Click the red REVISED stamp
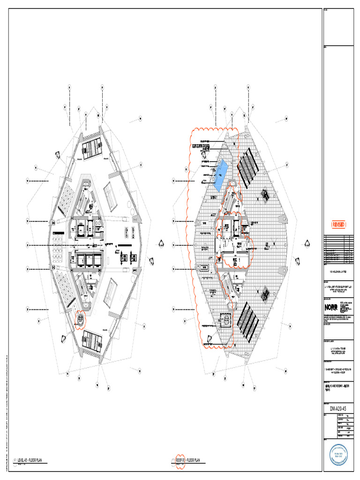pyautogui.click(x=339, y=225)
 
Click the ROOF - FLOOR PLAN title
pyautogui.click(x=190, y=460)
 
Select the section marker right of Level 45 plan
pyautogui.click(x=160, y=242)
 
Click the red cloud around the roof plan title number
pyautogui.click(x=179, y=460)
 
